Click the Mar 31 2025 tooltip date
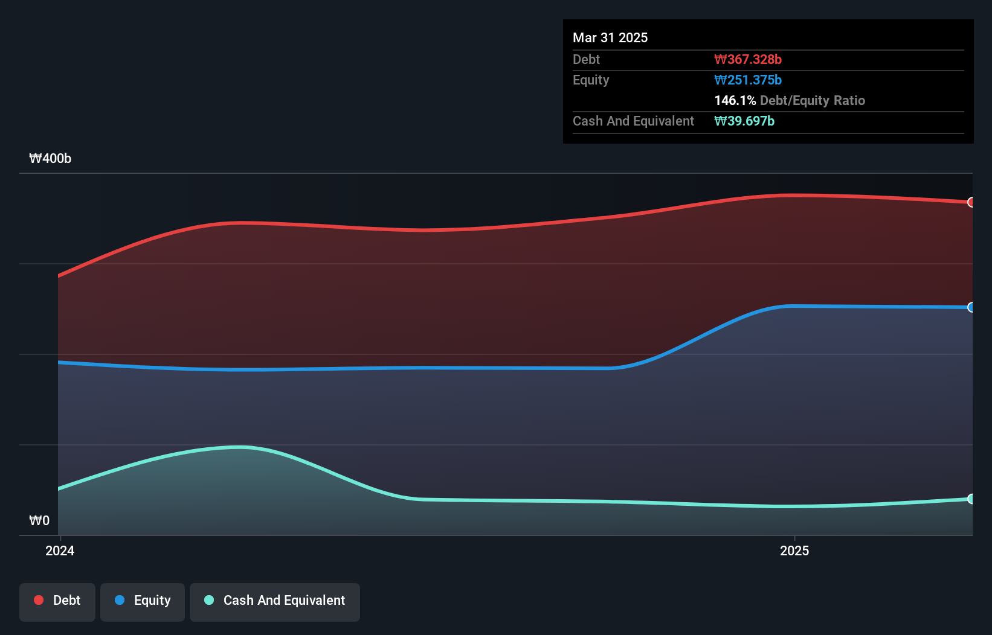coord(610,37)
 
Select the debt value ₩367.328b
coord(748,59)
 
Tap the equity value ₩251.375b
coord(748,80)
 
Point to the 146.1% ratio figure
coord(735,100)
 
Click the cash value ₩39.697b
coord(744,121)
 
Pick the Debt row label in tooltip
coord(586,59)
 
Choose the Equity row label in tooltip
coord(591,80)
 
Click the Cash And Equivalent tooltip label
coord(633,121)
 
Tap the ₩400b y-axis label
coord(50,158)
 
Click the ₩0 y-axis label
coord(39,520)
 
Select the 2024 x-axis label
coord(60,550)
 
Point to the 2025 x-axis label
coord(794,550)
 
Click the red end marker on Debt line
coord(971,202)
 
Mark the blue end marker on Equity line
coord(971,307)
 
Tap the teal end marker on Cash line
coord(971,499)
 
